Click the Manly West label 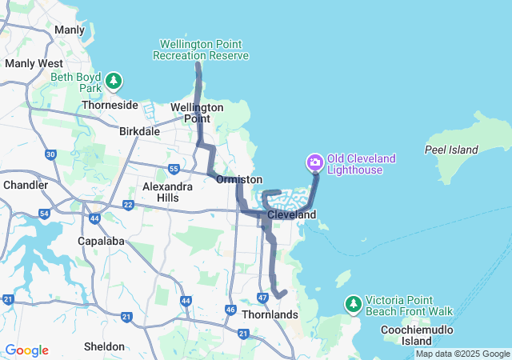tap(34, 62)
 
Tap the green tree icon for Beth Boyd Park tap(114, 80)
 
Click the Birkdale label tap(139, 131)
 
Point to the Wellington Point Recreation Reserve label tap(204, 50)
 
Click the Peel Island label tap(451, 150)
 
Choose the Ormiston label tap(238, 179)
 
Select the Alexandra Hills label tap(166, 191)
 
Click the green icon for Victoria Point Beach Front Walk tap(354, 304)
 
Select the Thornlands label tap(270, 314)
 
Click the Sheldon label tap(104, 346)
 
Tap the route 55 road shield tap(174, 168)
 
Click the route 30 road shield tap(50, 154)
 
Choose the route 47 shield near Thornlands tap(262, 298)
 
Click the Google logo tap(26, 350)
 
